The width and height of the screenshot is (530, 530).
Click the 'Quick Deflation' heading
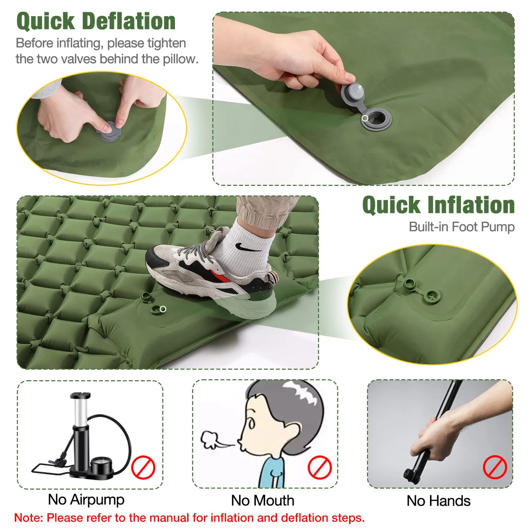click(x=96, y=21)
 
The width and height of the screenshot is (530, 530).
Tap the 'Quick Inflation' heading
click(x=438, y=205)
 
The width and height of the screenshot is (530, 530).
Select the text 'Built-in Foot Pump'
click(x=462, y=227)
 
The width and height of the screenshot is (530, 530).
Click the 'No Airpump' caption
click(x=86, y=500)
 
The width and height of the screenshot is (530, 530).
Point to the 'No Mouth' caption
click(x=263, y=501)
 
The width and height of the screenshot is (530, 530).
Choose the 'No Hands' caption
click(x=438, y=501)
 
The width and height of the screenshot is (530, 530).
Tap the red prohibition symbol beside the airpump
click(x=143, y=467)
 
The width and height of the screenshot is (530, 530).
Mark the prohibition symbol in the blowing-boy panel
click(x=319, y=467)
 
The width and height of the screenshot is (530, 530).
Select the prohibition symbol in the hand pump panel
click(x=495, y=467)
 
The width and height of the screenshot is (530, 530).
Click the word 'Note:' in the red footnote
click(x=28, y=518)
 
